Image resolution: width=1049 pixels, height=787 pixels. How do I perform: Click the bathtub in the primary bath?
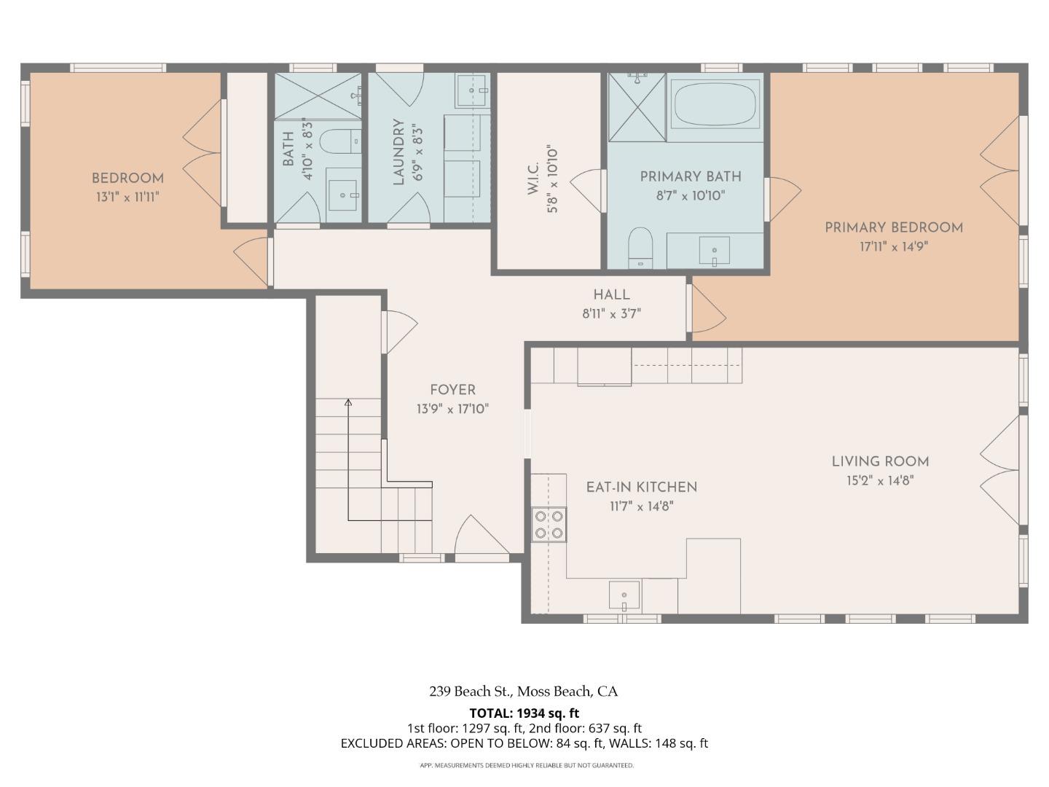[715, 103]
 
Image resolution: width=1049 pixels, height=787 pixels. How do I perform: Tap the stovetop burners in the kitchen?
[549, 524]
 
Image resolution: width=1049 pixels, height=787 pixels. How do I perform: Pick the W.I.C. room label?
[534, 179]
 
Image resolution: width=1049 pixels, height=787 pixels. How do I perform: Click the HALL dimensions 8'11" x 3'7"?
[611, 314]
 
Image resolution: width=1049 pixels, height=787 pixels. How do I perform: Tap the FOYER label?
[452, 390]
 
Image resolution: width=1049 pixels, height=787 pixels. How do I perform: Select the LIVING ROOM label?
[880, 461]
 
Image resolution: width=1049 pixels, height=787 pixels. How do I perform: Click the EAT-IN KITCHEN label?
[641, 488]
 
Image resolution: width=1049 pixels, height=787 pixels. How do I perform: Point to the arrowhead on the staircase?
[348, 403]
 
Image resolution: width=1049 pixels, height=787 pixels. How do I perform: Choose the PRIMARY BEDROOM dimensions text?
[894, 247]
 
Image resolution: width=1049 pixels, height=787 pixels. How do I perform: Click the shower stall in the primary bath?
[637, 107]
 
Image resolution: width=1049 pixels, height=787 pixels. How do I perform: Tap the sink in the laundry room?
[472, 91]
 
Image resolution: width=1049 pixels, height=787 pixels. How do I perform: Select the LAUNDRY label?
[398, 152]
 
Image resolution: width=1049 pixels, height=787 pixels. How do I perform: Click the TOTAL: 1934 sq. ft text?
[524, 713]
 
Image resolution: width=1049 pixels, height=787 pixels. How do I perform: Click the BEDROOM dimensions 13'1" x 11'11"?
[127, 197]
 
